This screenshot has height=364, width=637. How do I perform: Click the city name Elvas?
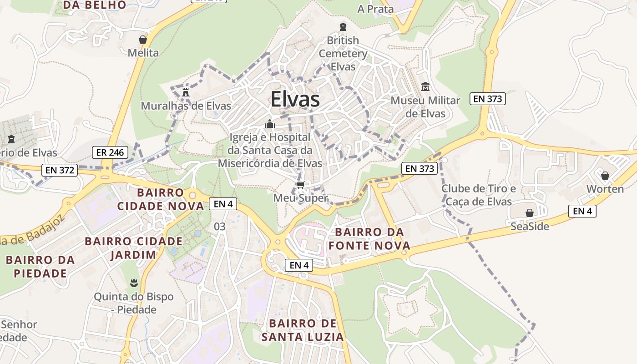[295, 100]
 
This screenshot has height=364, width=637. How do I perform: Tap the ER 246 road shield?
[110, 152]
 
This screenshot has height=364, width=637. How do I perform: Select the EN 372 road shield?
[60, 170]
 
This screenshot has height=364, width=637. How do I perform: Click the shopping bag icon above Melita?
[143, 39]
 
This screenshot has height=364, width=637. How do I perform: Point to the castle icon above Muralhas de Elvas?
[186, 92]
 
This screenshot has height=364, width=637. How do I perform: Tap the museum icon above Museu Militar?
[425, 86]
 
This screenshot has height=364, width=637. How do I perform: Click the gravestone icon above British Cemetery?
[343, 27]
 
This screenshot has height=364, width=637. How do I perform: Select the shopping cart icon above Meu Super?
[300, 185]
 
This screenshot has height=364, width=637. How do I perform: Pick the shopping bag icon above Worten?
[605, 176]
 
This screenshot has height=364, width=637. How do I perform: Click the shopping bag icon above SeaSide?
[530, 213]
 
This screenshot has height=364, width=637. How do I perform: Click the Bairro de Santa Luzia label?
[303, 330]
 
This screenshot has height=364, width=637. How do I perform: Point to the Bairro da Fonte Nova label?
[373, 239]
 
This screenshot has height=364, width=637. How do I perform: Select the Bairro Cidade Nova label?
[160, 199]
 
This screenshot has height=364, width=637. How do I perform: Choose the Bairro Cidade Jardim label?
[134, 248]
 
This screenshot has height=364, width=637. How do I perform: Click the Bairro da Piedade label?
[40, 267]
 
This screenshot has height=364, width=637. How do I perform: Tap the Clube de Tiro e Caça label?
[479, 195]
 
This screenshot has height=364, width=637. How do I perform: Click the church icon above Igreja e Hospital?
[270, 124]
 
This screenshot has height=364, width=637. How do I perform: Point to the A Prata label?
[375, 9]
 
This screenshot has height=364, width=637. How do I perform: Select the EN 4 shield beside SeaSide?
[582, 211]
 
